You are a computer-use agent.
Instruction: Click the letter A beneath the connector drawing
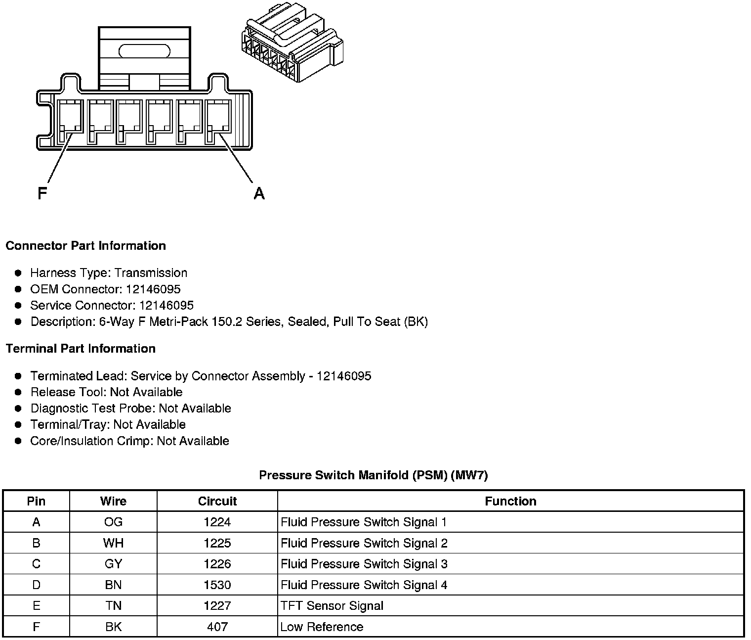pyautogui.click(x=259, y=193)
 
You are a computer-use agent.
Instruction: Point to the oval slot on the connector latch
pyautogui.click(x=145, y=51)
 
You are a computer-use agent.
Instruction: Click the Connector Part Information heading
pyautogui.click(x=85, y=246)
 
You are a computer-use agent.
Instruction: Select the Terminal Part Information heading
pyautogui.click(x=81, y=349)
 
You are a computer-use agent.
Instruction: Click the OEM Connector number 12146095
pyautogui.click(x=153, y=289)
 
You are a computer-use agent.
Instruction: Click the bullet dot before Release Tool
pyautogui.click(x=18, y=392)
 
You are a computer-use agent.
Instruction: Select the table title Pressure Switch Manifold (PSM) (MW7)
pyautogui.click(x=373, y=475)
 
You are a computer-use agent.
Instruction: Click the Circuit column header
pyautogui.click(x=217, y=501)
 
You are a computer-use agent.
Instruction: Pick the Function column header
pyautogui.click(x=510, y=501)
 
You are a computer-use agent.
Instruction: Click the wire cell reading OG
pyautogui.click(x=113, y=522)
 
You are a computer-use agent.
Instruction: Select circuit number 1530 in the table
pyautogui.click(x=217, y=585)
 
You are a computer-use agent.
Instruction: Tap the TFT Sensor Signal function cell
pyautogui.click(x=332, y=606)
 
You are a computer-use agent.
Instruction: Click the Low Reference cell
pyautogui.click(x=322, y=627)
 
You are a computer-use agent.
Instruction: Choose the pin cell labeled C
pyautogui.click(x=36, y=564)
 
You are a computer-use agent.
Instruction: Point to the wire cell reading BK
pyautogui.click(x=113, y=627)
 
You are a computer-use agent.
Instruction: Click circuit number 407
pyautogui.click(x=217, y=627)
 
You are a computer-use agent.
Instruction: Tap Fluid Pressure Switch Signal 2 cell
pyautogui.click(x=364, y=543)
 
